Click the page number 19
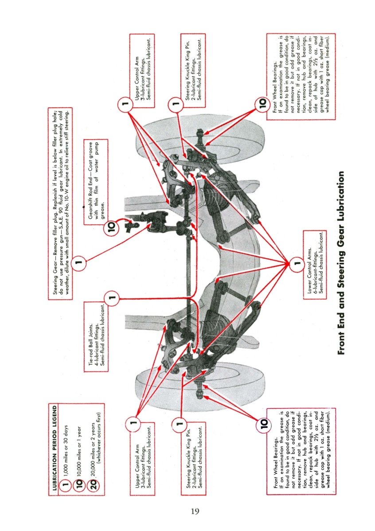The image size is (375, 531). point(194,511)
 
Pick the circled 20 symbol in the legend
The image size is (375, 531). point(93,480)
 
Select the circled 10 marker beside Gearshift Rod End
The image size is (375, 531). point(111,228)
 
